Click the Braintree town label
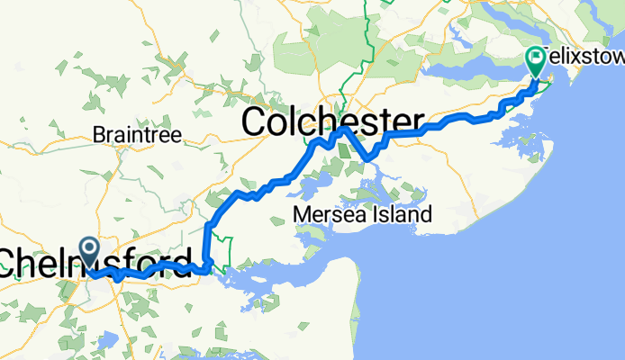point(137,135)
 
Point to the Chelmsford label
point(95,263)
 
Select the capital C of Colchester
point(256,121)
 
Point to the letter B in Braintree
point(98,135)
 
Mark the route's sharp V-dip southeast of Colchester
point(368,159)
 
